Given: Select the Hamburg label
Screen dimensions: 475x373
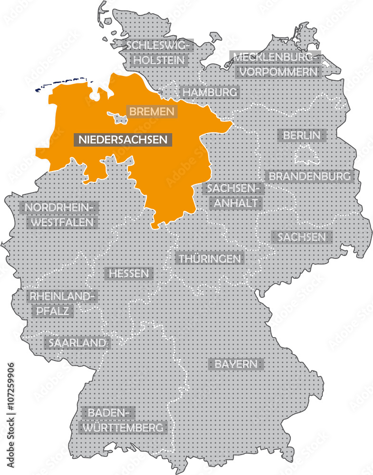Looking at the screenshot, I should pos(210,92).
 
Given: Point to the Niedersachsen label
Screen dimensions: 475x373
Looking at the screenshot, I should pos(123,140).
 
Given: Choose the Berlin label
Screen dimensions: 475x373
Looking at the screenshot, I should pos(302,135).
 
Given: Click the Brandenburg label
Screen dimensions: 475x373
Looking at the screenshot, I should pos(310,176).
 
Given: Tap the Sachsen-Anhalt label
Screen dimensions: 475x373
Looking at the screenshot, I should pos(233,195).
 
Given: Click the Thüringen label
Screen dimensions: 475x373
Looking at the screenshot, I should pos(210,259).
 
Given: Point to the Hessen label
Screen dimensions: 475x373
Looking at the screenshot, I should pos(129,274).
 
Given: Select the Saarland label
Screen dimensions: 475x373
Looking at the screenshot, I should pos(76,342).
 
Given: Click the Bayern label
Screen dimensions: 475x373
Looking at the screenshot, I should pos(236,364).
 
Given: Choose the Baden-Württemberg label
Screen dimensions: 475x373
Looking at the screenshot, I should pos(124,420).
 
